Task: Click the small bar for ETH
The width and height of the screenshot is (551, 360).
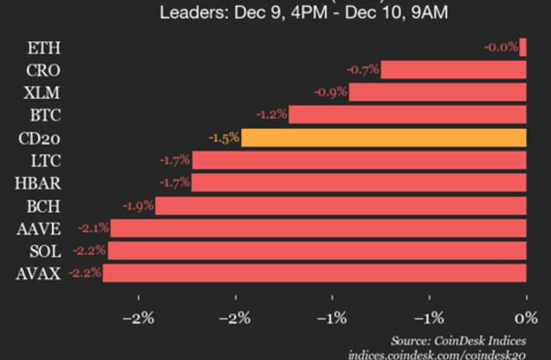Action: coord(523,47)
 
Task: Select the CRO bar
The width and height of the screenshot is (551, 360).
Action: coord(453,70)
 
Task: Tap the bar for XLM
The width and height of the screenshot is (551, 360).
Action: coord(437,93)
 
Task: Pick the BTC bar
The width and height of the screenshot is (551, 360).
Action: coord(407,115)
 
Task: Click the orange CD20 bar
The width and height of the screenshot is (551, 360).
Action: coord(383,138)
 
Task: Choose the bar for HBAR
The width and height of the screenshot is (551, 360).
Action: coord(358,183)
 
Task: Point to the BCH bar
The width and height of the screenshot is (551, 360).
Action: coord(341,205)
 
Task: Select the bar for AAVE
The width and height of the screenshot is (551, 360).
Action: coord(318,227)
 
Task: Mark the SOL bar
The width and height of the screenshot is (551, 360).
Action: coord(317,250)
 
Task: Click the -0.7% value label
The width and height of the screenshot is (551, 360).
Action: coord(363,70)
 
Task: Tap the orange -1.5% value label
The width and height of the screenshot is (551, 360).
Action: coord(224,138)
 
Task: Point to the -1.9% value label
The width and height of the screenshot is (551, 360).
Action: coord(139,205)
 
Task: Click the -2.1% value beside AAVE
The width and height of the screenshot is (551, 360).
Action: coord(93,227)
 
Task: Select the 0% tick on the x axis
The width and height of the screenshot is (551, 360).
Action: coord(526,317)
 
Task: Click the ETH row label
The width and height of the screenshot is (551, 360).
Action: coord(44,47)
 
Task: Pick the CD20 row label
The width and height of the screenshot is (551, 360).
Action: coord(38,138)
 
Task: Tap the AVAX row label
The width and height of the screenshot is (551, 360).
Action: coord(38,273)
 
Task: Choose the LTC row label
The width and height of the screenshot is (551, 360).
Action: coord(44,160)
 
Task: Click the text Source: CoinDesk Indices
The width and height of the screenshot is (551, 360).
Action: coord(468,339)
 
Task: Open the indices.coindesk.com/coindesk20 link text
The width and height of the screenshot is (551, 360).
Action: coord(447,354)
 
